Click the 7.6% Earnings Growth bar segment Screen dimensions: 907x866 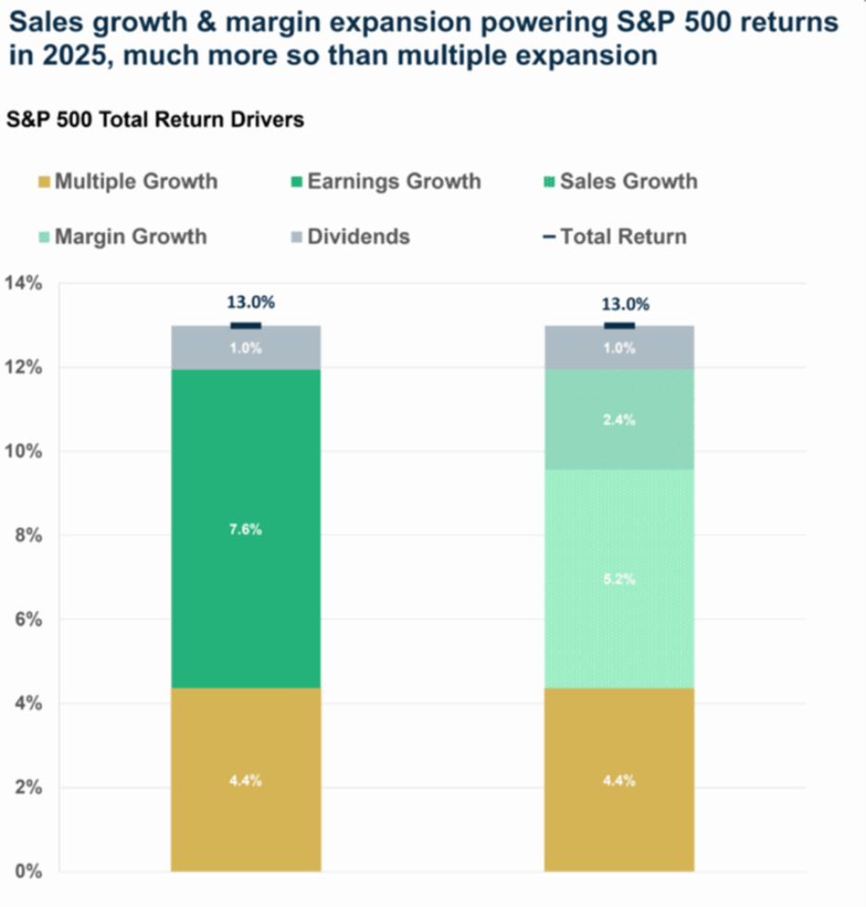246,529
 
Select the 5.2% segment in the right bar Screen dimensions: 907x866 619,579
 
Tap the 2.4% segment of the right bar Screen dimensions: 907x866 619,420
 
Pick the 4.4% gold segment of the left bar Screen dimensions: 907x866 246,779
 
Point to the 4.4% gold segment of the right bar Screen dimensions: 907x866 619,779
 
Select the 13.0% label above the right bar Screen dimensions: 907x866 625,303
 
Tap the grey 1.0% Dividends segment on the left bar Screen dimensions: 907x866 246,348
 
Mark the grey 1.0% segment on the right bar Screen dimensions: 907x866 619,348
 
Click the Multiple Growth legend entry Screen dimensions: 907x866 127,181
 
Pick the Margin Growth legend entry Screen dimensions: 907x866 121,237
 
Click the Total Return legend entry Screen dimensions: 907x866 614,237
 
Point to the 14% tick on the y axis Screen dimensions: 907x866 23,284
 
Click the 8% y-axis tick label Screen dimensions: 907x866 27,535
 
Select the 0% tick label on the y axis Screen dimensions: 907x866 27,871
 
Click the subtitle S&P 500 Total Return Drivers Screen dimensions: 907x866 155,120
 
